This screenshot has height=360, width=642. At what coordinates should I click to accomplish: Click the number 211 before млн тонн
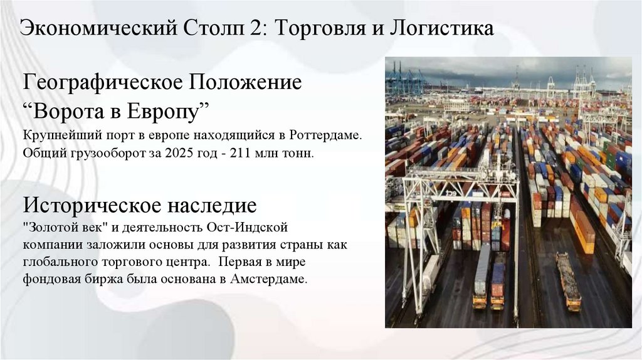point(227,153)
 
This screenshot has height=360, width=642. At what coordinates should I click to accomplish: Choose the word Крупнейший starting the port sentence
point(55,135)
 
